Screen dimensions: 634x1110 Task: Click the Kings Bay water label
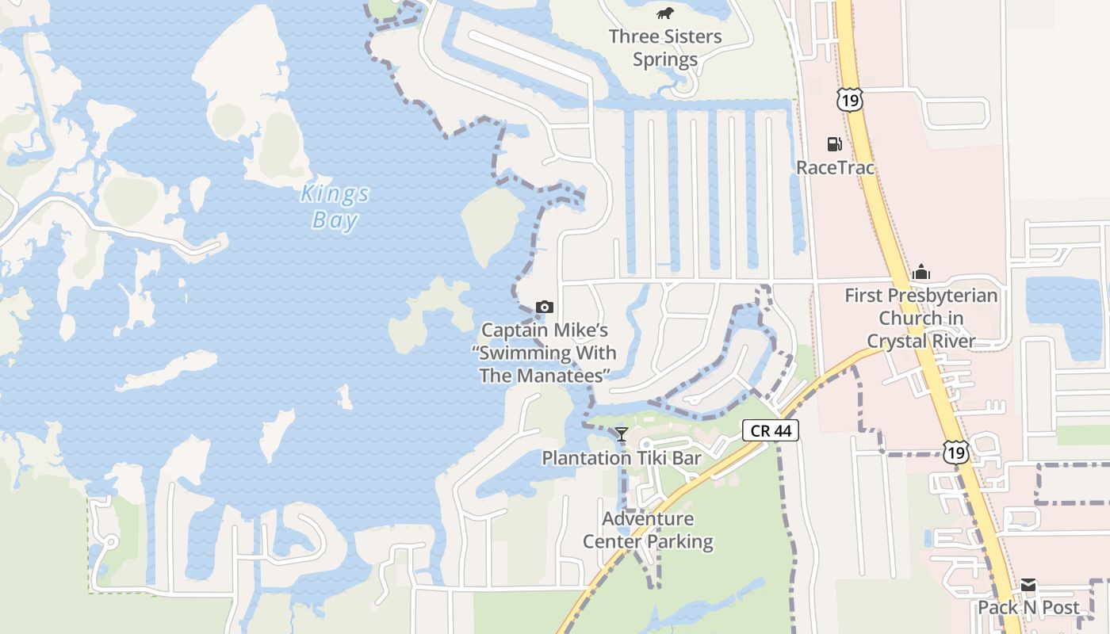pos(335,206)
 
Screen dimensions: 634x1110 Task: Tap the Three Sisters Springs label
pos(665,48)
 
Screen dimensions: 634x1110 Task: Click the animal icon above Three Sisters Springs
pos(665,13)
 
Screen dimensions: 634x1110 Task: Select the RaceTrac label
pos(835,167)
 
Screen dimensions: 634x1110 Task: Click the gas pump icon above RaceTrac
pos(834,144)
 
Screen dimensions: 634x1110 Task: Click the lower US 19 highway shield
pos(956,452)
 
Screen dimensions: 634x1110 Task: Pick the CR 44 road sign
pos(771,430)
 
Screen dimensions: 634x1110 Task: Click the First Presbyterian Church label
pos(921,318)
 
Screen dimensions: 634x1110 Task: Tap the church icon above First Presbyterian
pos(921,273)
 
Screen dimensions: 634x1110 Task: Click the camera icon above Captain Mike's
pos(545,307)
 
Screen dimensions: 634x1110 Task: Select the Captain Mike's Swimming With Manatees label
pos(548,352)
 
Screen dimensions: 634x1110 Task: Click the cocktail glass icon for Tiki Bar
pos(622,433)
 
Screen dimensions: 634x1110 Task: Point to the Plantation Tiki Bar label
pos(622,457)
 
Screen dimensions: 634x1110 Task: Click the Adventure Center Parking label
pos(648,530)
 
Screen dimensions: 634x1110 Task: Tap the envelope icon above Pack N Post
pos(1028,586)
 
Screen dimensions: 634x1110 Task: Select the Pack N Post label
pos(1028,607)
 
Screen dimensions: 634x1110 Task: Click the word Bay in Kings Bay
pos(335,220)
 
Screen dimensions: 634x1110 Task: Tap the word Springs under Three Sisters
pos(665,59)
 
